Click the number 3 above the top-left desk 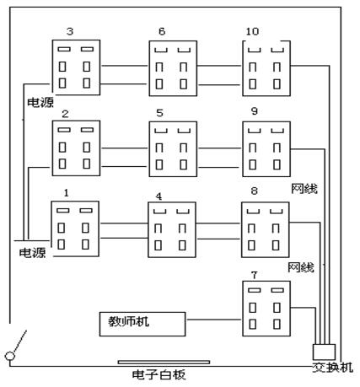tap(69, 31)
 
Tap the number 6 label tap(161, 31)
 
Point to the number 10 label tap(253, 31)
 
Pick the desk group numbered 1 tap(75, 226)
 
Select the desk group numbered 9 tap(266, 149)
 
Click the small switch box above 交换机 tap(324, 350)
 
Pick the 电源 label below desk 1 tap(33, 251)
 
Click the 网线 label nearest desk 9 tap(304, 188)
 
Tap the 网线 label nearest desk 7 tap(301, 267)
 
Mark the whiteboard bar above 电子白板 tap(164, 362)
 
